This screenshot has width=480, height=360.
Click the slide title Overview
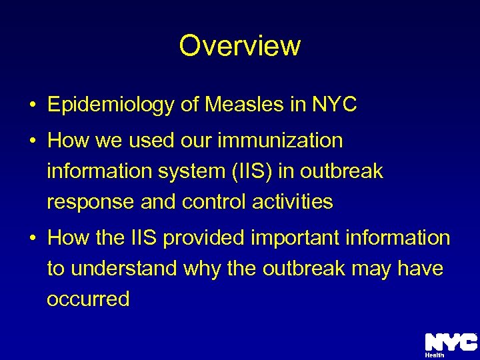(x=240, y=46)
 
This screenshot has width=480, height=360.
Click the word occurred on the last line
(x=88, y=299)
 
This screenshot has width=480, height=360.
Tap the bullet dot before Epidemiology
(x=32, y=105)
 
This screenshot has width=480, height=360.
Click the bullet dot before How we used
(x=32, y=141)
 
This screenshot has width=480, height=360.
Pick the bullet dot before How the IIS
(x=32, y=238)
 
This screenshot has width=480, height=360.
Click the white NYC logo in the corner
(x=450, y=342)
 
